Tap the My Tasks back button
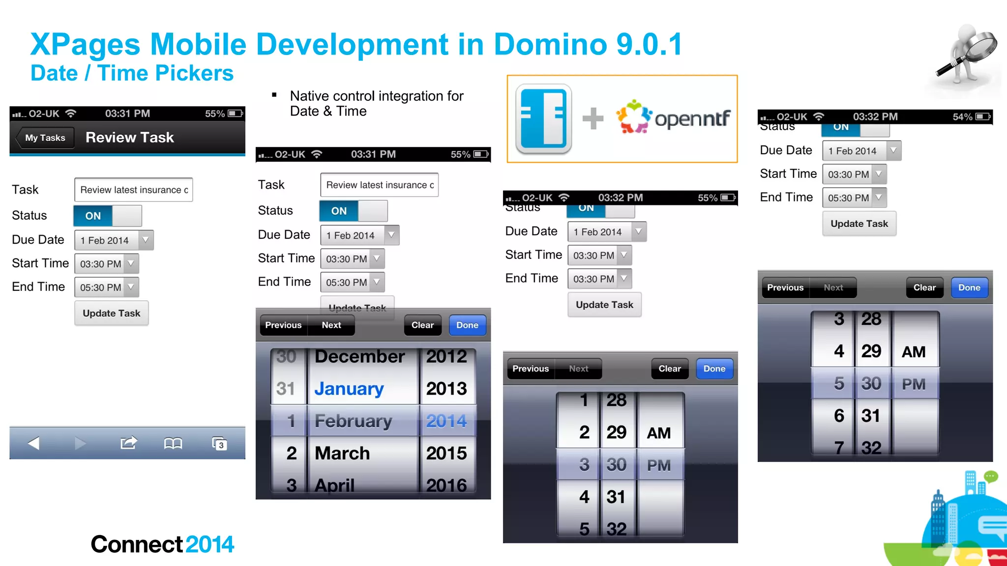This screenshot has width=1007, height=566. point(45,138)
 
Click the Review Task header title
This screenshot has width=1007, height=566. point(130,138)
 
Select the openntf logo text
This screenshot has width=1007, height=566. point(692,118)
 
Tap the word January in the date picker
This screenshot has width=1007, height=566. point(349,389)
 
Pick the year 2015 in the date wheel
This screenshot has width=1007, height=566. point(446,453)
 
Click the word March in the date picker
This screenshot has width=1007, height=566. point(342,453)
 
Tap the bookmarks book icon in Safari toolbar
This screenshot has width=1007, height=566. point(173,444)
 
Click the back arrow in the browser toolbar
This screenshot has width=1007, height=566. point(33,444)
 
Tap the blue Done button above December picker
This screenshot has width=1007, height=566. point(467,325)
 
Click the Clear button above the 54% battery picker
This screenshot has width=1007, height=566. point(924,288)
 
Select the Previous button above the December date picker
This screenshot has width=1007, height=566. point(283,325)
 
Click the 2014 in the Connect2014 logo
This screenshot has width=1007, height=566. point(210,544)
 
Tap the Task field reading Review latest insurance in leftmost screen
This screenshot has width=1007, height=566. point(133,190)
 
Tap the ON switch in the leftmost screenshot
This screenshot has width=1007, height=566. point(93,216)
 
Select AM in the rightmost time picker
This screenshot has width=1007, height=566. point(914,352)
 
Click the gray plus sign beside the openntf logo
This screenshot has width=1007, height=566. point(592,118)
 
